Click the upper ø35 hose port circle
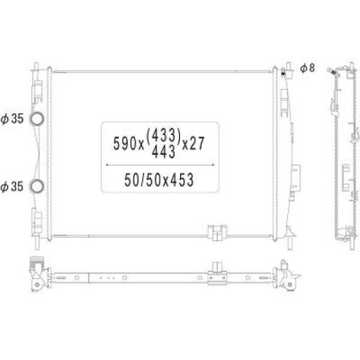tap(30, 118)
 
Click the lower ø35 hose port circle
tap(30, 186)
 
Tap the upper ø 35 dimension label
tap(12, 119)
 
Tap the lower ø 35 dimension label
tap(12, 186)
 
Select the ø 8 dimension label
tap(307, 68)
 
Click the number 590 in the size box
tap(125, 143)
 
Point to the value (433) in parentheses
tap(164, 135)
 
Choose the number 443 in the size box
tap(164, 151)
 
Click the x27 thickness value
tap(193, 143)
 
